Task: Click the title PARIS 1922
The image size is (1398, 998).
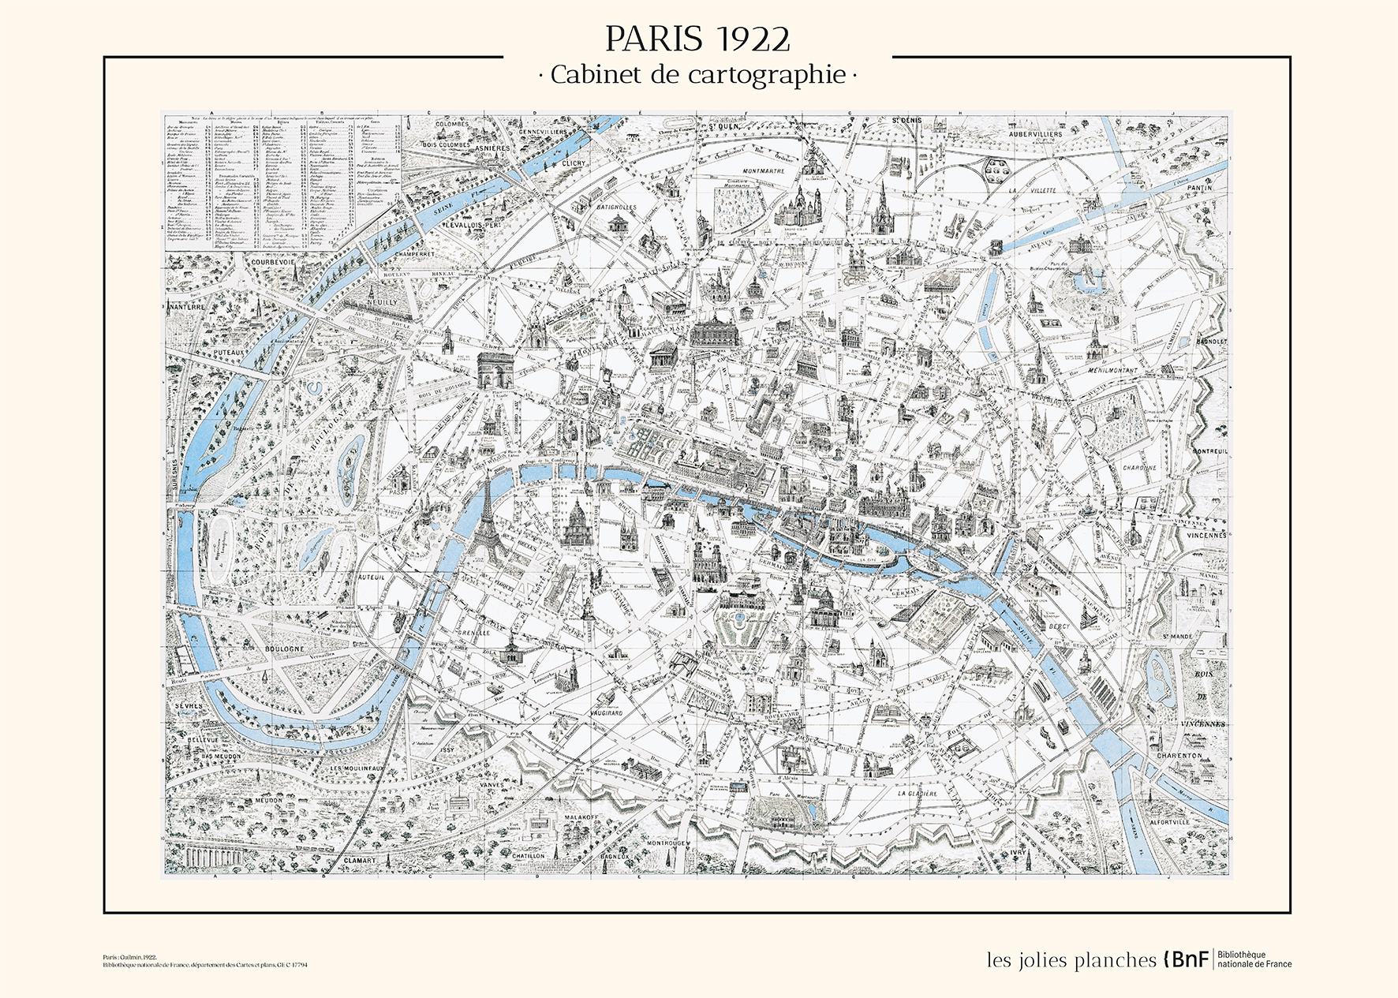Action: coord(697,39)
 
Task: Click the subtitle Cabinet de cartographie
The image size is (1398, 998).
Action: coord(697,75)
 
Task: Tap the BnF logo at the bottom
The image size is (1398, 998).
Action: coord(1186,959)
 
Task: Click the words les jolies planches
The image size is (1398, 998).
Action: coord(1071,960)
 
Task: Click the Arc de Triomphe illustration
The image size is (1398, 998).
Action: coord(495,369)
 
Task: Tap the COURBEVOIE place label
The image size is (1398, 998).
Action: coord(273,262)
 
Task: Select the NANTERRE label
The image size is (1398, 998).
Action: coord(186,306)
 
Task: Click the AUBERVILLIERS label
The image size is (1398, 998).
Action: coord(1035,134)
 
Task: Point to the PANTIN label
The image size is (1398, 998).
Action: coord(1198,188)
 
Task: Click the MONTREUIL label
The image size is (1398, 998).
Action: coord(1209,451)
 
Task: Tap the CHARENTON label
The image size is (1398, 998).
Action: coord(1179,755)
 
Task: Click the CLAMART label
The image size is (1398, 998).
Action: coord(360,861)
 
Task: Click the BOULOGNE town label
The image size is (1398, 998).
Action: coord(284,649)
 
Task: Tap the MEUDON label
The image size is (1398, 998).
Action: coord(268,801)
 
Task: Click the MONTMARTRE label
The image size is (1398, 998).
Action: coord(763,170)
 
